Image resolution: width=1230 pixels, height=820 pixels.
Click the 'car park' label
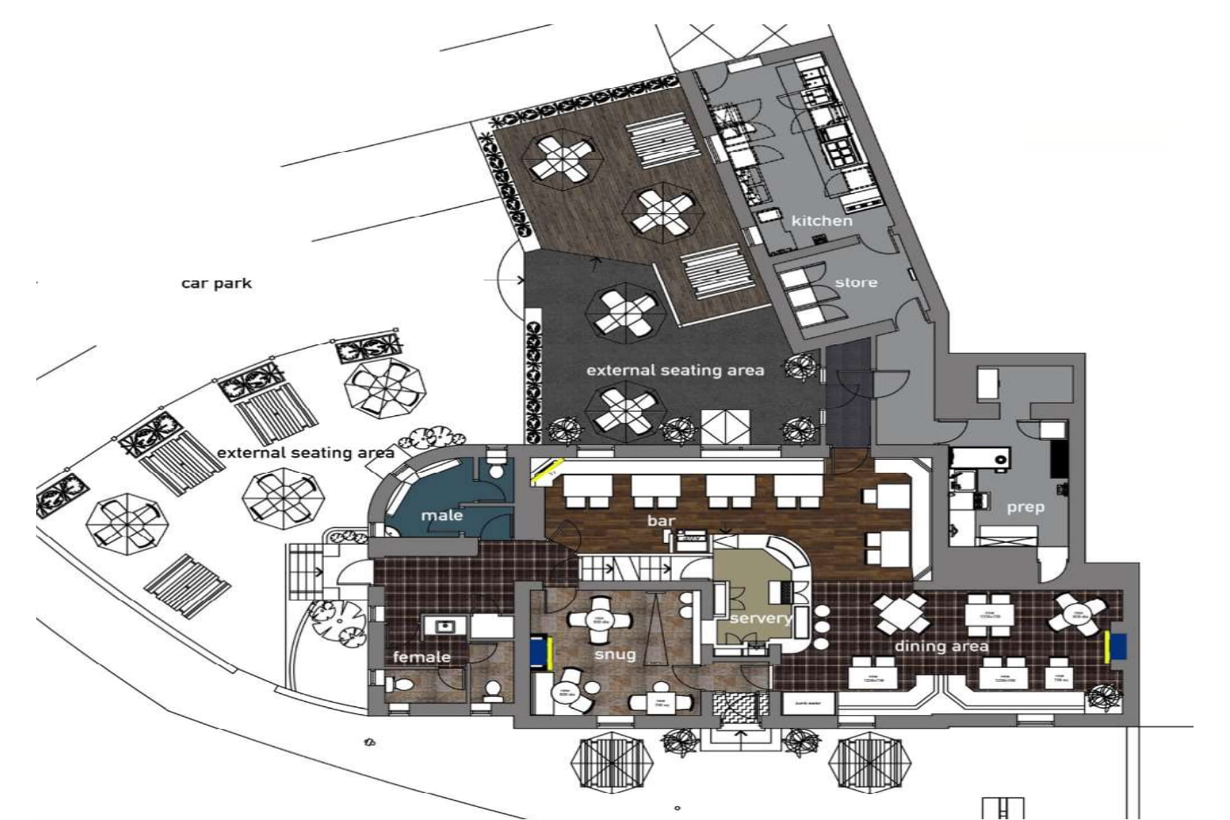point(216,284)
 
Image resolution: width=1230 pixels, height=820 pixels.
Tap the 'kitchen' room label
point(822,221)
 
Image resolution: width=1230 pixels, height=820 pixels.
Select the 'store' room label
point(856,283)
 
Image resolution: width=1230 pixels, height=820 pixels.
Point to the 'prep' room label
point(1025,508)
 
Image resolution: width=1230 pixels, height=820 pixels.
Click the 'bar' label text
point(661,521)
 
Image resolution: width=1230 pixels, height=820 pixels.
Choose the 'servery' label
point(761,618)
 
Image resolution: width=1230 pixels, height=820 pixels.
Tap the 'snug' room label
point(614,655)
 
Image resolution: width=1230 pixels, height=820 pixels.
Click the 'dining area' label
point(941,647)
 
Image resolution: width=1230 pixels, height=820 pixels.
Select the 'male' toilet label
point(442,515)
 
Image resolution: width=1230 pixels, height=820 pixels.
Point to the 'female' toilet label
point(421,657)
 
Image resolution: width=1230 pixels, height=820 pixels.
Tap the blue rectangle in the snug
point(538,652)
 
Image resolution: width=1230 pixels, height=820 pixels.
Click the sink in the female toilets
point(444,627)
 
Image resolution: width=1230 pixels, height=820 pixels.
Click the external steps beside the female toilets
point(303,571)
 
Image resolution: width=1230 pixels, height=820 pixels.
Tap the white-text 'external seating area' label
point(675,370)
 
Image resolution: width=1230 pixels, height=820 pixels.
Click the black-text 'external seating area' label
point(306,453)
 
